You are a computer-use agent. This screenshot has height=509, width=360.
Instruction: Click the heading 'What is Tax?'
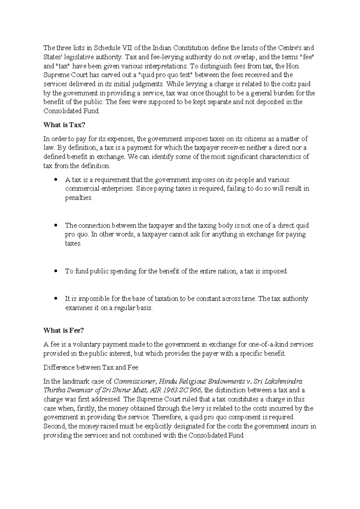click(x=62, y=125)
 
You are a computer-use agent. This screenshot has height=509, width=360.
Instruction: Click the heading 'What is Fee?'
click(x=64, y=330)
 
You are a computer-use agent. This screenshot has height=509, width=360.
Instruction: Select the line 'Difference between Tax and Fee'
click(x=91, y=367)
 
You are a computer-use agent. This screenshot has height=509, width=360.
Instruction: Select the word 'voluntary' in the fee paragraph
click(x=77, y=345)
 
